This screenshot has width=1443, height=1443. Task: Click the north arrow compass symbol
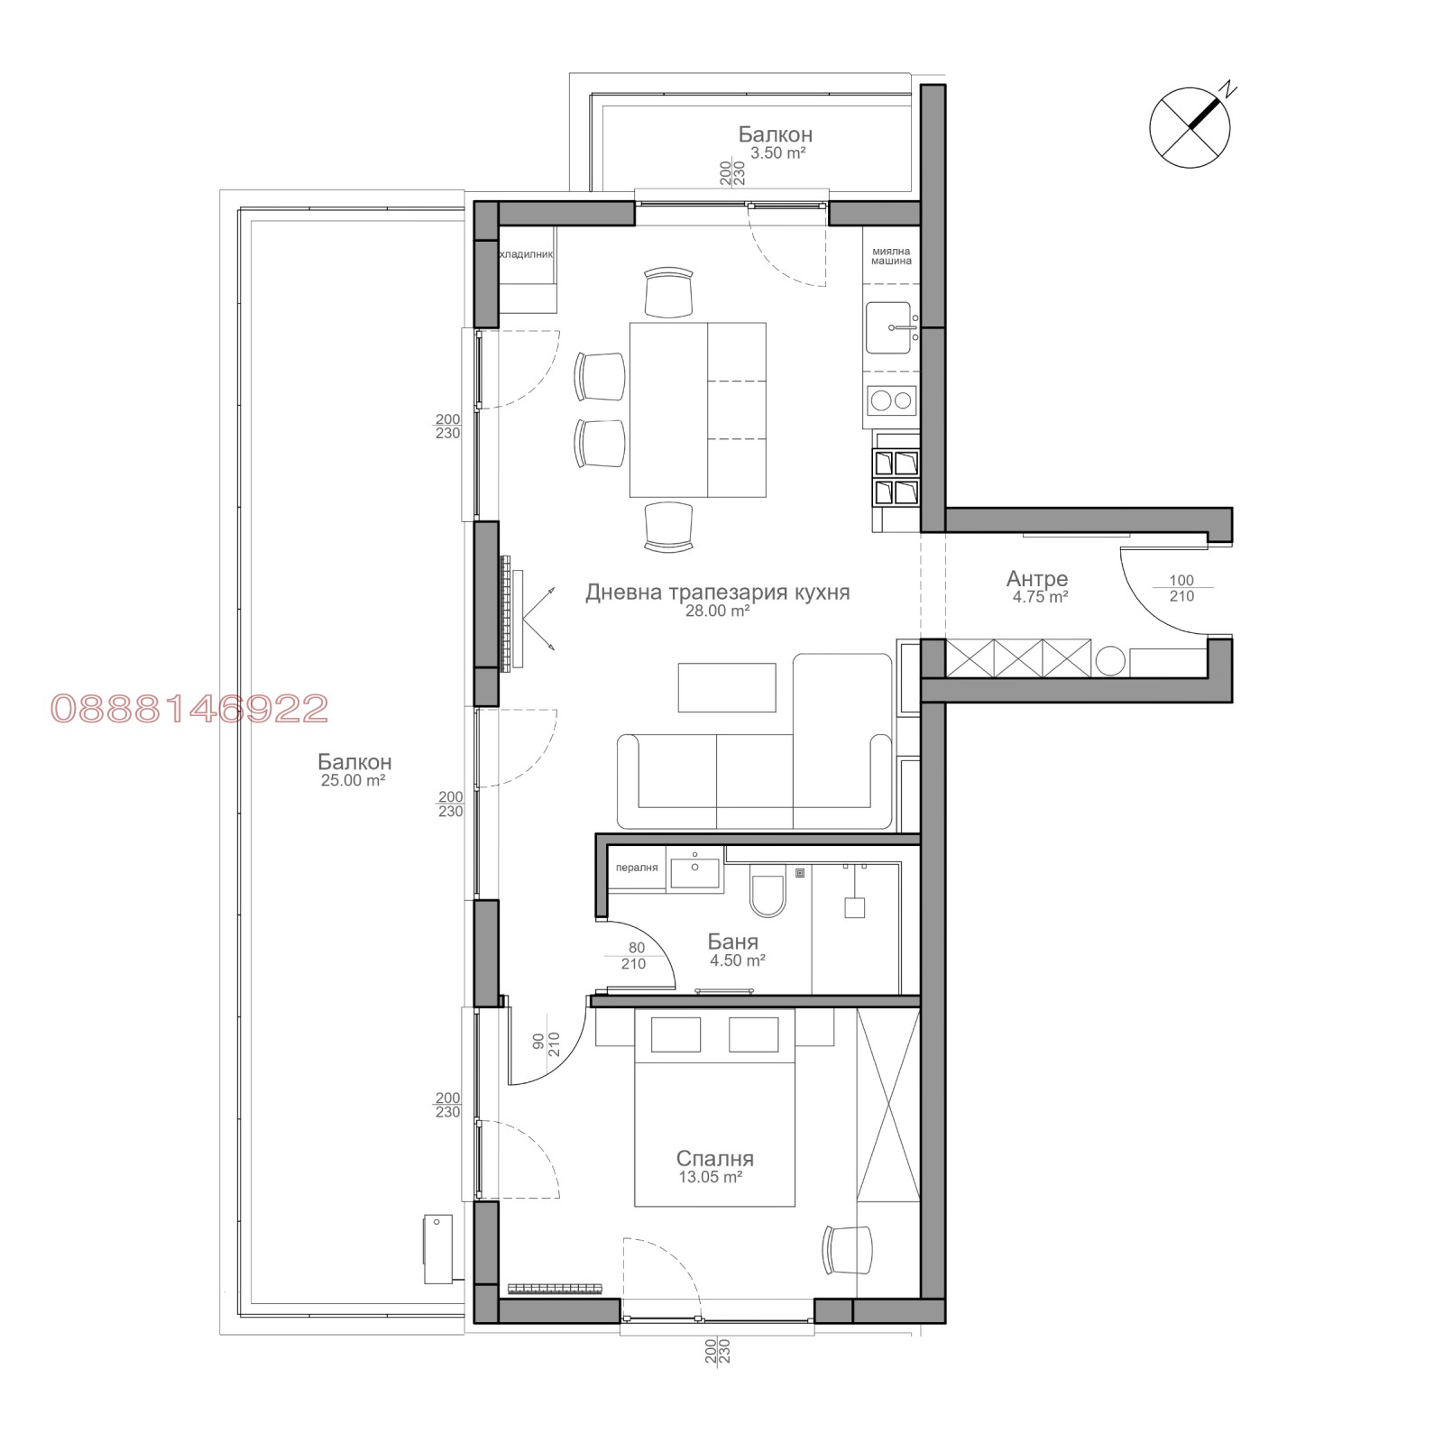coord(1190,127)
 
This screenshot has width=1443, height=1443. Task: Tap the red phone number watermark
coord(189,709)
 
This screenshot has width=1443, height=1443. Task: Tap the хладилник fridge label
coord(526,255)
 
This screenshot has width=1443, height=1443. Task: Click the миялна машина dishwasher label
coord(891,256)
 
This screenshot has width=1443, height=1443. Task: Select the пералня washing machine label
coord(637,868)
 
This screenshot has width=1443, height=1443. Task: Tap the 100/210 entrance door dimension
coord(1181,588)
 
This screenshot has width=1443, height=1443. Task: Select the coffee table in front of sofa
coord(727,687)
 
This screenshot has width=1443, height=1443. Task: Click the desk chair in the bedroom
coord(848,1249)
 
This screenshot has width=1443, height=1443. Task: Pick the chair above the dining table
coord(669,292)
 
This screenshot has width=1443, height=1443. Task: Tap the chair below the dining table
coord(669,527)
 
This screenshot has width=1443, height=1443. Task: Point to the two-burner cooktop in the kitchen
coord(891,400)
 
